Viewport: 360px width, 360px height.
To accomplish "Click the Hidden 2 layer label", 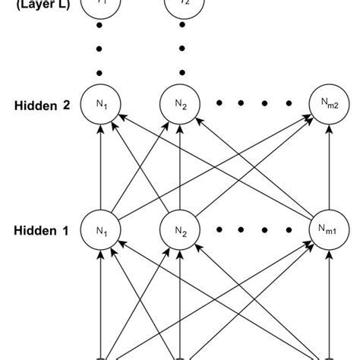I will click(x=44, y=106).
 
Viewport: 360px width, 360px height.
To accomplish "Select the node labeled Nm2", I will click(x=328, y=106).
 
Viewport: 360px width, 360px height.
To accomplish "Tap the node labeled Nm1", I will click(x=328, y=229).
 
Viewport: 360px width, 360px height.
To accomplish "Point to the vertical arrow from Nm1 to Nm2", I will click(x=328, y=167).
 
